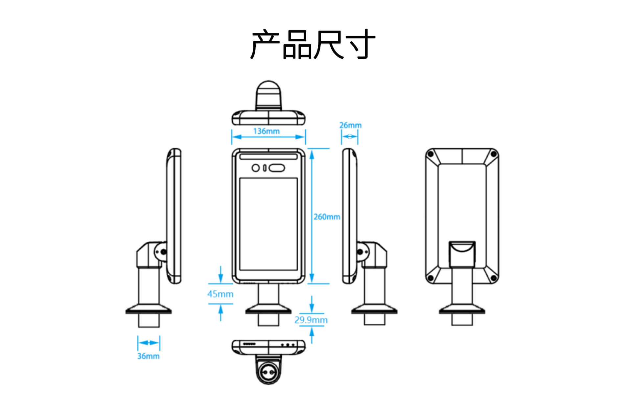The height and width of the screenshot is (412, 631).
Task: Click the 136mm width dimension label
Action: click(266, 131)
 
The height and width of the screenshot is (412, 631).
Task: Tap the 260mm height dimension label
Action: click(327, 217)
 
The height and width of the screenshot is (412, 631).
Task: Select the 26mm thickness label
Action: click(350, 125)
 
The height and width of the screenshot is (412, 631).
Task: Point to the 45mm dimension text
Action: click(220, 294)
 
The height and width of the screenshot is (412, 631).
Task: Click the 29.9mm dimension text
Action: click(311, 320)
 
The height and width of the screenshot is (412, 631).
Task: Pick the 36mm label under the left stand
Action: click(148, 356)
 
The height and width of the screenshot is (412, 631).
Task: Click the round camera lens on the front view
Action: click(255, 168)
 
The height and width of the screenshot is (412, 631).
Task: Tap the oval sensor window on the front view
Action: click(277, 168)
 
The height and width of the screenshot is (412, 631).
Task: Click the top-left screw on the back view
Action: click(430, 154)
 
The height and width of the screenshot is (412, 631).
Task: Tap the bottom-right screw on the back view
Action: click(493, 279)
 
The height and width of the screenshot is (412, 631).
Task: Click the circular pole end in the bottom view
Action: click(268, 373)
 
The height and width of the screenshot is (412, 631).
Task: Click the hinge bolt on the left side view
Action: click(162, 252)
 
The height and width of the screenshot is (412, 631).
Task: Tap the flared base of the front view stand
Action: click(268, 309)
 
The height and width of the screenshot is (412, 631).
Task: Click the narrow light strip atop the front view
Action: click(268, 157)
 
